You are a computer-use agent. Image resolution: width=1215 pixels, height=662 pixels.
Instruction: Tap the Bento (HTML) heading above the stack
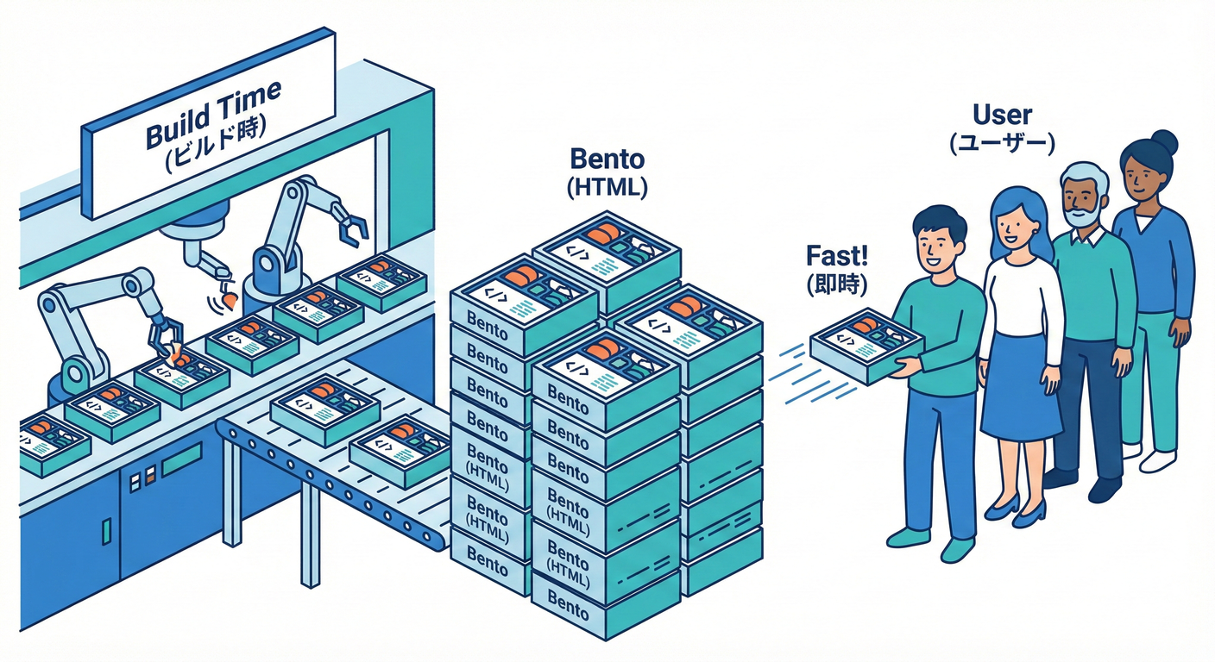coord(607,172)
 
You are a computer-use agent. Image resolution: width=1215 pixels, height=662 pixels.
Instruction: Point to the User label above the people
coord(1002,115)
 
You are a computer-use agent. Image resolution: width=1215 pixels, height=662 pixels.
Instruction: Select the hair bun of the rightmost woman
coord(1165,141)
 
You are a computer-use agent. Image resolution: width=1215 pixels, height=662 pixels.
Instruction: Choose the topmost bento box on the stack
coord(606,250)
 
